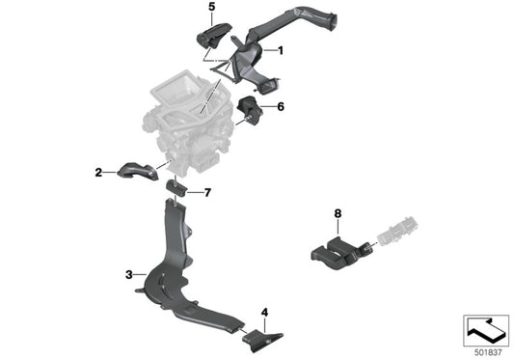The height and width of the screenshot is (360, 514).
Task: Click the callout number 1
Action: click(281, 49)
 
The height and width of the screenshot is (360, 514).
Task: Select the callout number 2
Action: click(98, 173)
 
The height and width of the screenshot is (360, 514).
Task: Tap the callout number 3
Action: click(129, 275)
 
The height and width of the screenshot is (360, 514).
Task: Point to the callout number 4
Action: click(264, 312)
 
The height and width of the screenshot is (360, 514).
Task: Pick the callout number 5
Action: click(211, 8)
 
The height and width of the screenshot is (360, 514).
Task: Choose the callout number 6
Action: click(281, 107)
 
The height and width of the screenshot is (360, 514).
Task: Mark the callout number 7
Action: click(206, 192)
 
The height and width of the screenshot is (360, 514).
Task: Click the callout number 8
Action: click(338, 212)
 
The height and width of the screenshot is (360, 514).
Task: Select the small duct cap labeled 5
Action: click(208, 36)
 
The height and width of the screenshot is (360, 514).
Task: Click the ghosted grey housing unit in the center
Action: click(183, 125)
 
